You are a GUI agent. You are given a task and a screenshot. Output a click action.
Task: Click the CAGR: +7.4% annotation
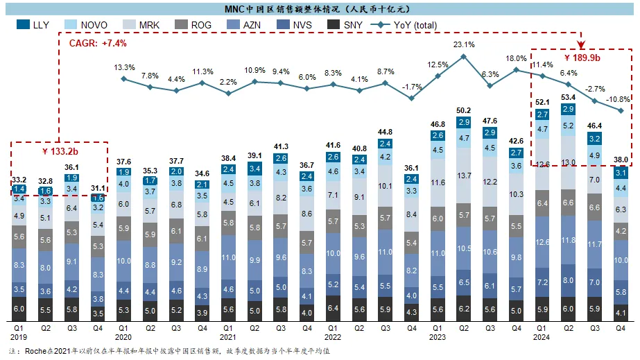(98, 43)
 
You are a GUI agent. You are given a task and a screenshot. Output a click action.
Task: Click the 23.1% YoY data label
(464, 45)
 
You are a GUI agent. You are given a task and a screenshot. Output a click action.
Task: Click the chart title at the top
(320, 8)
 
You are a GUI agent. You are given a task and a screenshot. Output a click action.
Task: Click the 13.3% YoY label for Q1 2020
(123, 67)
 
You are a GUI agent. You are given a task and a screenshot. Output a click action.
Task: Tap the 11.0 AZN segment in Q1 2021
(228, 256)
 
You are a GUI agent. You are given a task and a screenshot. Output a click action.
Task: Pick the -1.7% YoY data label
(412, 87)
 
